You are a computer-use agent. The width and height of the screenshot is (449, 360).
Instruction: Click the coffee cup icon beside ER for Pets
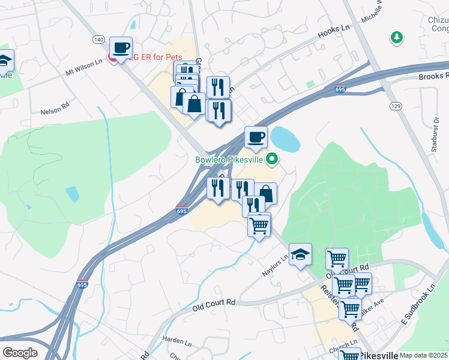coord(121,47)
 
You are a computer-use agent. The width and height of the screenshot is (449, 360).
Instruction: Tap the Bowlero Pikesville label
coord(230,160)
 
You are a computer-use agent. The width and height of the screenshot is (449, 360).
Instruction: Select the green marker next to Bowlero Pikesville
coord(272,159)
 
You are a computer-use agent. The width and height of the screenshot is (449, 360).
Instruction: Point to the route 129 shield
coord(395,106)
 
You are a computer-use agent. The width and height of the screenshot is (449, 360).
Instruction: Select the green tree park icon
coord(396,38)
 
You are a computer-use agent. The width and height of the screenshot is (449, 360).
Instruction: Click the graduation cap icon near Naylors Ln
coord(300,254)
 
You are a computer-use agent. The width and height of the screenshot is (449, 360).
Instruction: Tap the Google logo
coord(20,353)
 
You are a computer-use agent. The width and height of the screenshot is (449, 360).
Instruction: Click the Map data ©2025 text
coord(423,355)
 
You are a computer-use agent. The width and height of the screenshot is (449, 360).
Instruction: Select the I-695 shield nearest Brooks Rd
coord(340,90)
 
